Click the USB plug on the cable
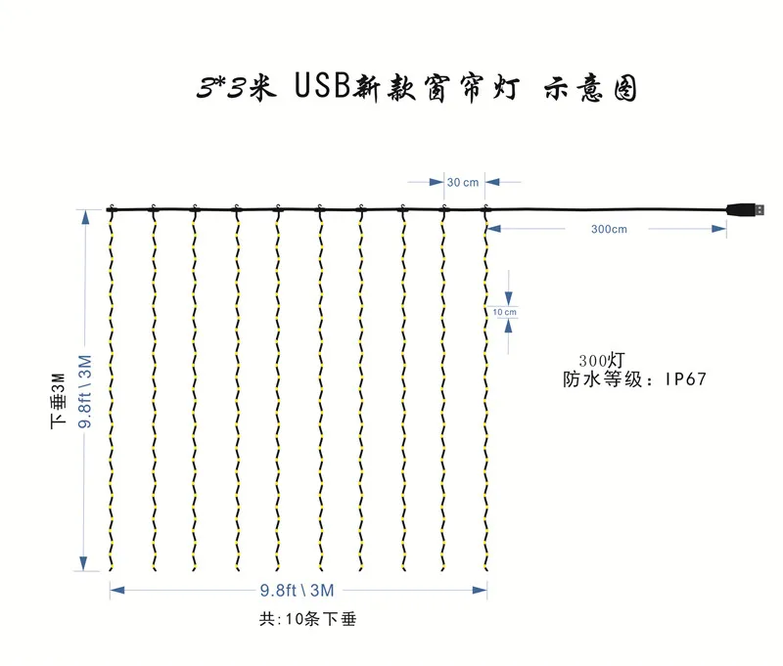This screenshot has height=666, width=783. coord(746,209)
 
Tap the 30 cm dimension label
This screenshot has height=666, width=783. coord(463,182)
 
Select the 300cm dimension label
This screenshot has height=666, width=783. coord(609,229)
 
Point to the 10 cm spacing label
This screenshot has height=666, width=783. coord(505,311)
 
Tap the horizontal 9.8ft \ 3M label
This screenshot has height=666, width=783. coord(298,590)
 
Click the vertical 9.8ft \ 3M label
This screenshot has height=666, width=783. coord(86,391)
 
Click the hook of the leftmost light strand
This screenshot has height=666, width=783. coord(111,208)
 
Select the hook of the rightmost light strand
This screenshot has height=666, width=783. coord(486,208)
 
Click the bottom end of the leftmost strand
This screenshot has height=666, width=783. coord(111,567)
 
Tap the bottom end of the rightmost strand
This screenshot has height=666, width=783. coord(486,567)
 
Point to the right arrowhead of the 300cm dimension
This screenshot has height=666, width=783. coord(721,229)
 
